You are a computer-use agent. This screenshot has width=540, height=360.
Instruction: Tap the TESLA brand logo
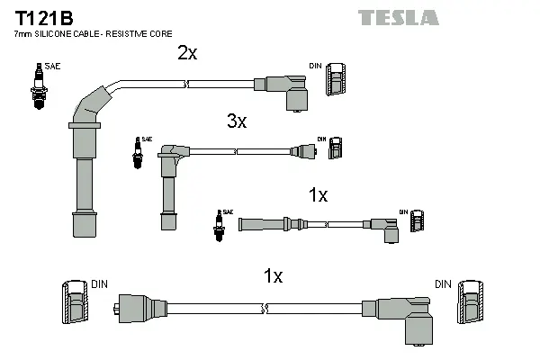pyautogui.click(x=399, y=17)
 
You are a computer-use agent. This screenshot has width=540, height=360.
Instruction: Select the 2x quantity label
pyautogui.click(x=186, y=53)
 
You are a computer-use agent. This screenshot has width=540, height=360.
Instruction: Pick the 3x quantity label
pyautogui.click(x=236, y=121)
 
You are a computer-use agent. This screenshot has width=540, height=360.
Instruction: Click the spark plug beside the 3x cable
pyautogui.click(x=139, y=154)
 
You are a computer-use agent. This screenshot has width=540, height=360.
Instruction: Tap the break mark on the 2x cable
pyautogui.click(x=184, y=85)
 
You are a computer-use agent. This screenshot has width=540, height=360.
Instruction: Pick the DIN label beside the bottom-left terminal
pyautogui.click(x=99, y=284)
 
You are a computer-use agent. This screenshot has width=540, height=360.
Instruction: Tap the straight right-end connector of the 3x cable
pyautogui.click(x=301, y=152)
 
